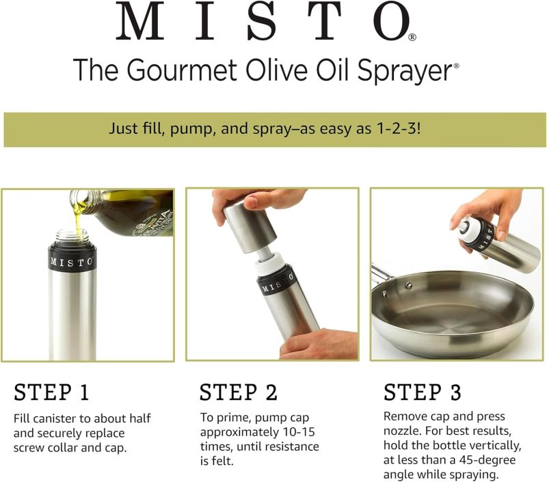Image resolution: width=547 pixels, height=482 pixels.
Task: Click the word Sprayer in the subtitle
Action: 404,71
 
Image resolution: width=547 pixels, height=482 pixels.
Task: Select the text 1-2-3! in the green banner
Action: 399,129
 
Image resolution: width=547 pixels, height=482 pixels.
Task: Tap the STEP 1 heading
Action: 51,392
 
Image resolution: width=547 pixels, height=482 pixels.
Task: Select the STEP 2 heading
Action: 238,392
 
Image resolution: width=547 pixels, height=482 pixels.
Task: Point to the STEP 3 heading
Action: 422,392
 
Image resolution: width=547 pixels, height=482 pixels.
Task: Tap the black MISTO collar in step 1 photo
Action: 72,262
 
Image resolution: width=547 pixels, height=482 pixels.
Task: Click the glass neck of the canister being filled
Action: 72,237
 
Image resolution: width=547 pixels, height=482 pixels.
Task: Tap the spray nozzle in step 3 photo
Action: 464,228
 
